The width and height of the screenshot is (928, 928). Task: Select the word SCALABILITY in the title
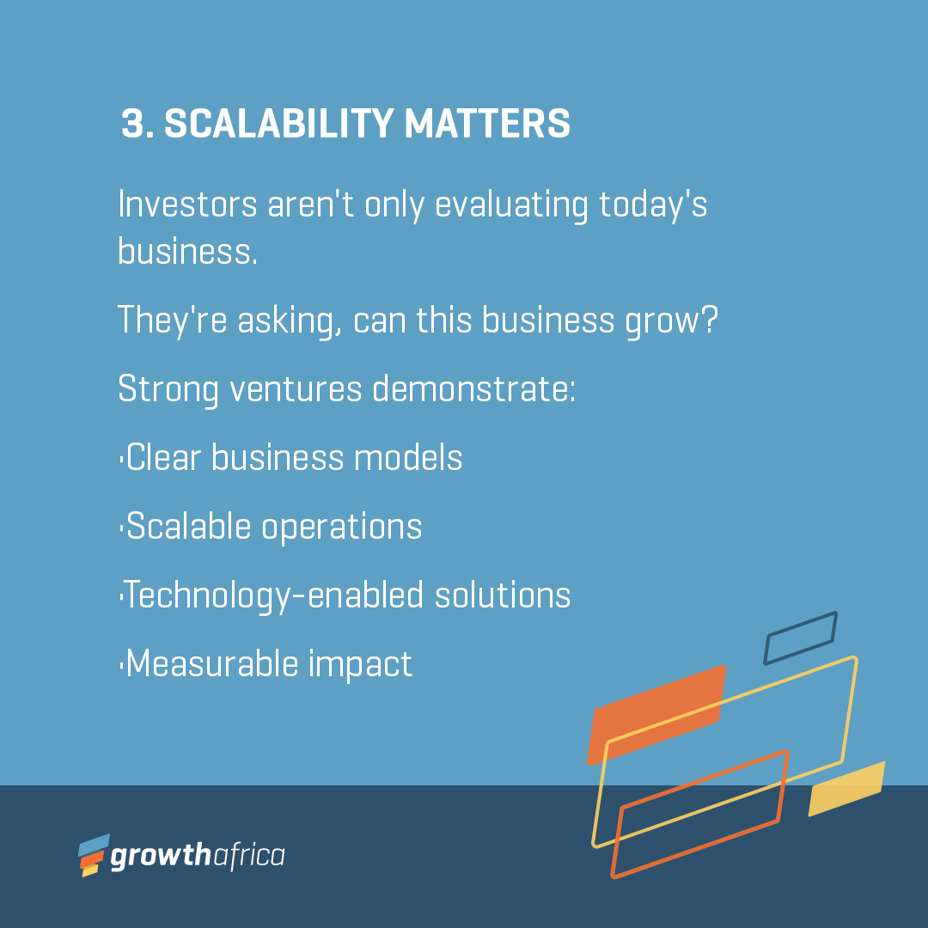pyautogui.click(x=278, y=124)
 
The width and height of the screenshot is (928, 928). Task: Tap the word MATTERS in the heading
pyautogui.click(x=487, y=124)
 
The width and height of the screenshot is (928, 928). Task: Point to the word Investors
pyautogui.click(x=187, y=205)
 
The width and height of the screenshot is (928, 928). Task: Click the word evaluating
pyautogui.click(x=511, y=205)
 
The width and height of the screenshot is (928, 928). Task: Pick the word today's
pyautogui.click(x=653, y=205)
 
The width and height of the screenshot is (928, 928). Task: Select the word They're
pyautogui.click(x=172, y=321)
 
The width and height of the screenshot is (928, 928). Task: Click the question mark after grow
pyautogui.click(x=710, y=320)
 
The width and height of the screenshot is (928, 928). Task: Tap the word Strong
pyautogui.click(x=168, y=390)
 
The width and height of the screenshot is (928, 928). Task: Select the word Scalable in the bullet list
pyautogui.click(x=189, y=526)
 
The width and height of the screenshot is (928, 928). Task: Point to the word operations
pyautogui.click(x=341, y=528)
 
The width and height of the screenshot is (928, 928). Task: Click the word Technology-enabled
pyautogui.click(x=273, y=595)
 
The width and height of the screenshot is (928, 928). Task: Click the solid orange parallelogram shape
pyautogui.click(x=656, y=715)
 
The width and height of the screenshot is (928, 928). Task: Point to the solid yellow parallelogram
pyautogui.click(x=846, y=790)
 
